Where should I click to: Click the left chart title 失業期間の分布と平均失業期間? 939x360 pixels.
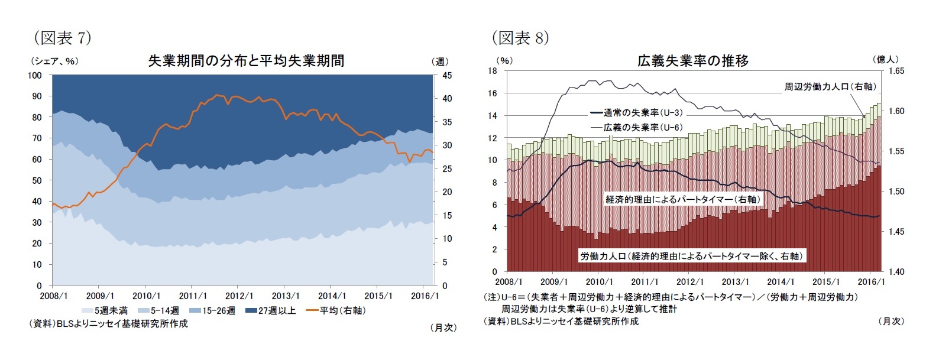click(x=245, y=61)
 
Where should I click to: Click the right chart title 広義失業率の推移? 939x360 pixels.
click(x=692, y=61)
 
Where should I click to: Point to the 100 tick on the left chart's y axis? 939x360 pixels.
click(x=35, y=75)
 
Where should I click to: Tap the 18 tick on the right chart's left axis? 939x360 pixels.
click(x=492, y=71)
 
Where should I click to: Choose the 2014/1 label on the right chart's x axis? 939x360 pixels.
click(x=781, y=282)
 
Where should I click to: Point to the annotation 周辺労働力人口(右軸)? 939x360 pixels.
click(x=829, y=87)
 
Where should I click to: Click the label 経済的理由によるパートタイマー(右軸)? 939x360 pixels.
click(x=683, y=200)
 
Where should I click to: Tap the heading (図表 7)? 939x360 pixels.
click(x=63, y=38)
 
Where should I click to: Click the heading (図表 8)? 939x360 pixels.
click(x=520, y=38)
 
